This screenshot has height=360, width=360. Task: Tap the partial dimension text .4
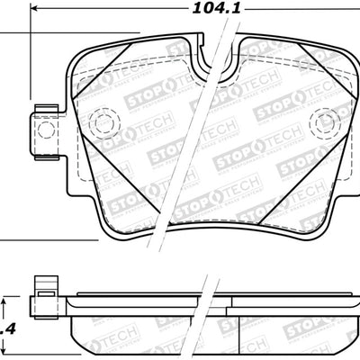point(8,328)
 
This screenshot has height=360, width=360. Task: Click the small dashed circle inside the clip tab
point(44,128)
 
